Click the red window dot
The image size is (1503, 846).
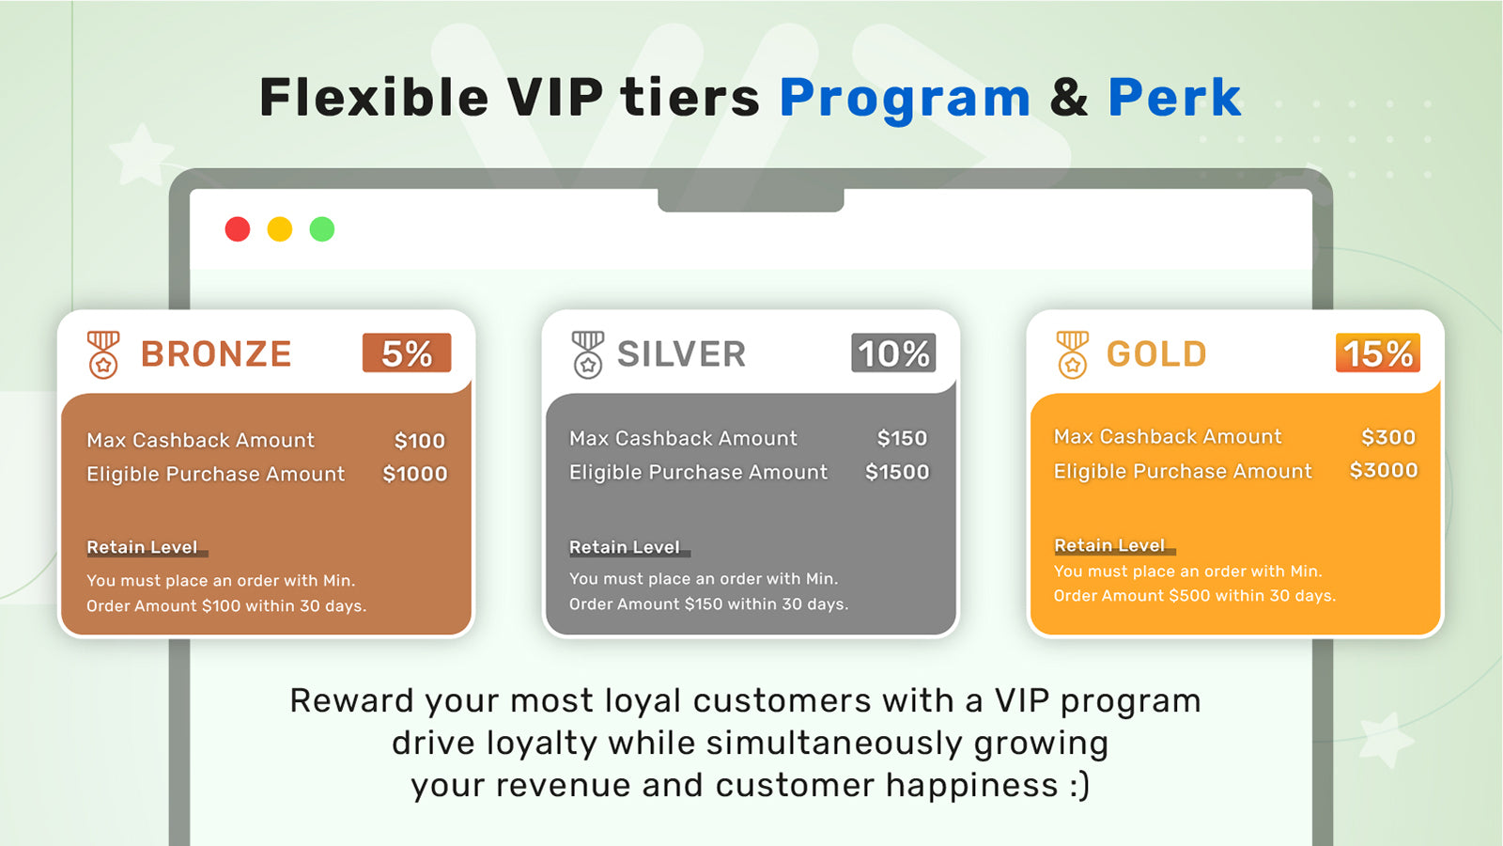click(238, 229)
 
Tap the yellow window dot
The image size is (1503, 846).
click(280, 229)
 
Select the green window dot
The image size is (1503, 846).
click(322, 229)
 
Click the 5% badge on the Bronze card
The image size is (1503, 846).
click(407, 353)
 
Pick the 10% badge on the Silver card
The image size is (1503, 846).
click(893, 353)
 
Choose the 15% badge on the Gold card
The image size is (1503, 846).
click(1377, 353)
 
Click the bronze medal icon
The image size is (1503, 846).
click(103, 354)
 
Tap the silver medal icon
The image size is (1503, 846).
click(588, 354)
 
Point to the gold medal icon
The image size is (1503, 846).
click(1072, 354)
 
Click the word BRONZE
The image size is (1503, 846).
click(216, 354)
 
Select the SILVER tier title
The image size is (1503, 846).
click(681, 354)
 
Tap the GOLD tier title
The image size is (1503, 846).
click(1156, 354)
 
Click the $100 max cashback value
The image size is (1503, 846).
click(419, 441)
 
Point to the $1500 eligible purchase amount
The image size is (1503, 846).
click(897, 472)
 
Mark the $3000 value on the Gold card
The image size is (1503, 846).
click(1384, 470)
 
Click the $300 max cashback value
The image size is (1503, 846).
click(1388, 437)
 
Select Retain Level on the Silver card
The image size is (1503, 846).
click(625, 547)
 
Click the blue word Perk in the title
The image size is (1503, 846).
click(1174, 98)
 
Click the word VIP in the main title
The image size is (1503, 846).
click(555, 98)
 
